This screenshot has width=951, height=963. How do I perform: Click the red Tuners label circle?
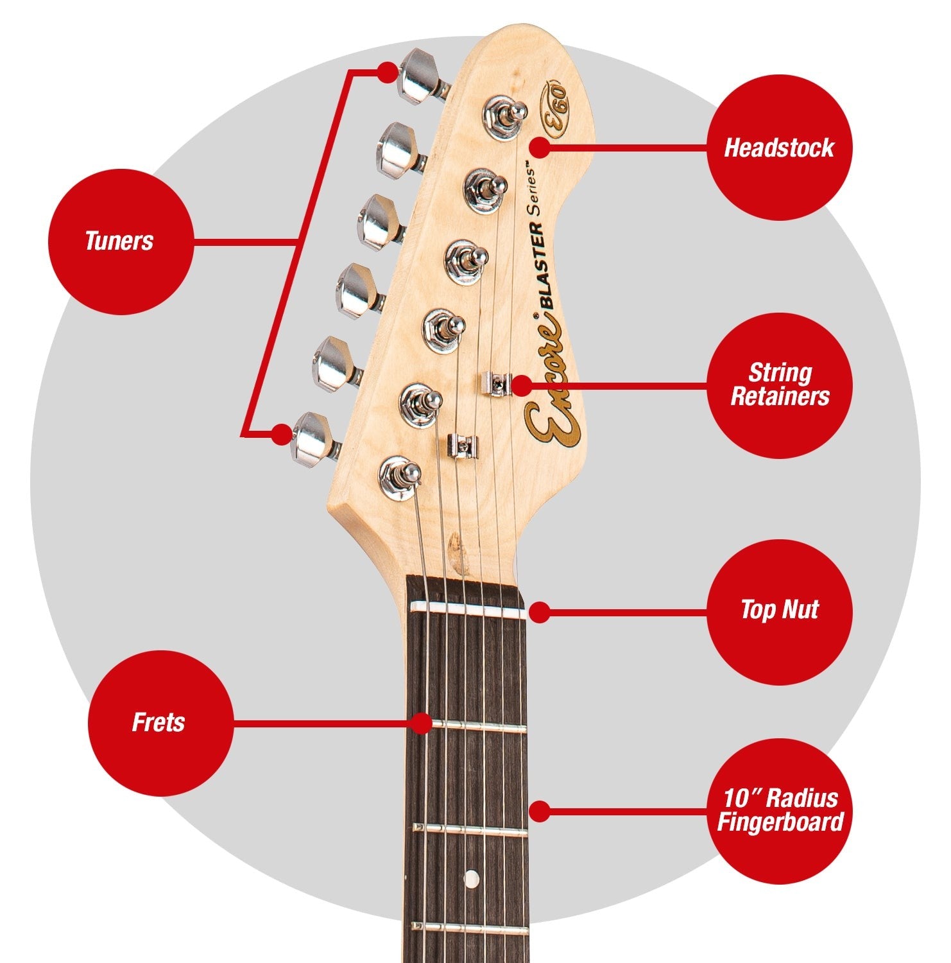coord(120,241)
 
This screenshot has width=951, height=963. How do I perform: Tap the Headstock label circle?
coord(779,148)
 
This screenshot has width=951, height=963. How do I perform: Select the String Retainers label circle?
coord(779,385)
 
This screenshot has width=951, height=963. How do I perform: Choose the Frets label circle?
coord(160,723)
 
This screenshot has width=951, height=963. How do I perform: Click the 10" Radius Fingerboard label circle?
coord(779,810)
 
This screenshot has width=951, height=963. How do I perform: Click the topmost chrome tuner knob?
coord(421,76)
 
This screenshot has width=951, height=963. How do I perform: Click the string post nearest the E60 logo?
coord(507,117)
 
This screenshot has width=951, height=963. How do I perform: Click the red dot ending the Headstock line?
coord(540,148)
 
